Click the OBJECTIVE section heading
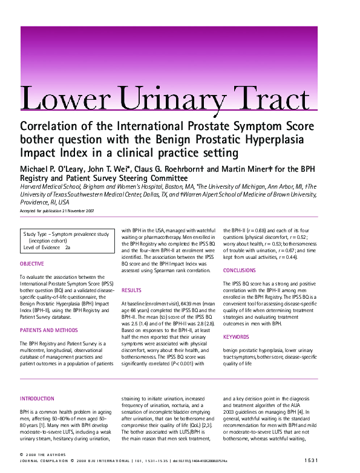tap(32, 264)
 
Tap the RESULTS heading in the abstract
tap(131, 290)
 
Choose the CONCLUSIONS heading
tap(240, 270)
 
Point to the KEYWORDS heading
tap(235, 337)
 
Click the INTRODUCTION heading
tap(38, 399)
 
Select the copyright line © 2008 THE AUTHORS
tap(43, 454)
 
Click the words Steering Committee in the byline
tap(146, 178)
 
